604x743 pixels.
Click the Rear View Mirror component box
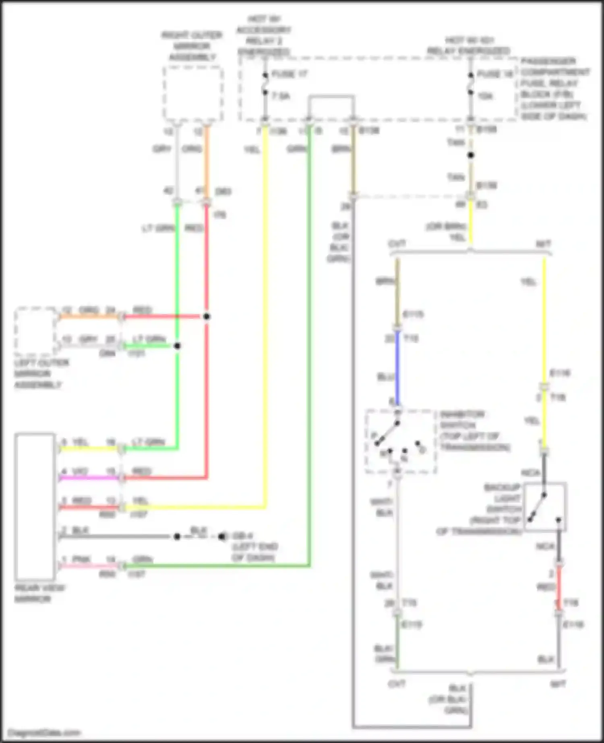(35, 506)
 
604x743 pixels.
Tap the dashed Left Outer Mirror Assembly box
(35, 331)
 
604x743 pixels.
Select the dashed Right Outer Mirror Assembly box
(193, 93)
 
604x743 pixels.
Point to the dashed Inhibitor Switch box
(400, 442)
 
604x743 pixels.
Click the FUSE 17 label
(290, 74)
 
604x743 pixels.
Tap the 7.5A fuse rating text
(281, 96)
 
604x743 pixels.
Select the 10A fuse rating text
(485, 96)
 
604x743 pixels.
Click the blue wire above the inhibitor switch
(398, 368)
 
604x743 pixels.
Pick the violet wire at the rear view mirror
(89, 478)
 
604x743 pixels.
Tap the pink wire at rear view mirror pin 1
(89, 566)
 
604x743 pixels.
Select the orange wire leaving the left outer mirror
(89, 316)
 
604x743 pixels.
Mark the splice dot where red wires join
(207, 317)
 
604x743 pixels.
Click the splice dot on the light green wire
(177, 346)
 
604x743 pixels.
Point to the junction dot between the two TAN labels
(470, 155)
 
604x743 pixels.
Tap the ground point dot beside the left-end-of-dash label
(222, 537)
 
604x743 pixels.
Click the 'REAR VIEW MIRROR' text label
(39, 593)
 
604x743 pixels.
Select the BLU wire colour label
(385, 377)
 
